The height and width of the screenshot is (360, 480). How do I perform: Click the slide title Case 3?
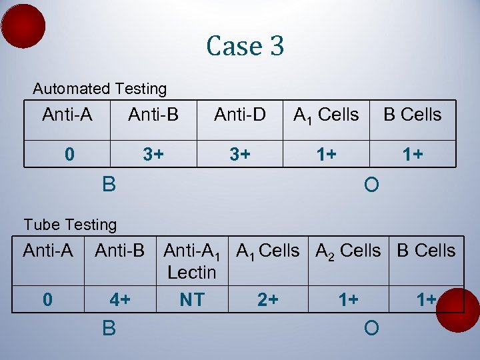click(245, 46)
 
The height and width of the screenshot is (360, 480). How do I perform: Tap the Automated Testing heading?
click(100, 89)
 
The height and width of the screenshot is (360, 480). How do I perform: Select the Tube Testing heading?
click(70, 225)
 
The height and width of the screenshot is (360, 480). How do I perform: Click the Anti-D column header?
click(240, 115)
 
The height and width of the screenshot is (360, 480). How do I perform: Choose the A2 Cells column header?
click(347, 251)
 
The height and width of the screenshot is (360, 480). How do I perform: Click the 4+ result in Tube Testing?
click(119, 300)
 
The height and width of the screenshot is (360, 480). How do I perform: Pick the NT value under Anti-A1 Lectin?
click(192, 300)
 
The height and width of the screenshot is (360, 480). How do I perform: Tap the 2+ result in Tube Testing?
click(268, 300)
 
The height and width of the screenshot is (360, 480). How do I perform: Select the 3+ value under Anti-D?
click(240, 155)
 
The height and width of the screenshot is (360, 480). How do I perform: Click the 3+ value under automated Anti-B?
click(153, 155)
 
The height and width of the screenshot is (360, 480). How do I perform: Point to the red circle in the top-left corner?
click(23, 26)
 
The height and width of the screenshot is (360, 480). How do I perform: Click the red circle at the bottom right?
click(458, 309)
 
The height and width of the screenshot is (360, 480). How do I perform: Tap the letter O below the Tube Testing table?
click(371, 328)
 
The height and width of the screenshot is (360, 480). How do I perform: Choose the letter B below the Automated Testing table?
click(109, 183)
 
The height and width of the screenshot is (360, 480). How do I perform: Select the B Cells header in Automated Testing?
click(412, 115)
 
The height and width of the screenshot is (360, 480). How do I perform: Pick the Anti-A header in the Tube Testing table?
click(48, 251)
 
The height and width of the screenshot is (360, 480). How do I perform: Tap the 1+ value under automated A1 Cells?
click(325, 155)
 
